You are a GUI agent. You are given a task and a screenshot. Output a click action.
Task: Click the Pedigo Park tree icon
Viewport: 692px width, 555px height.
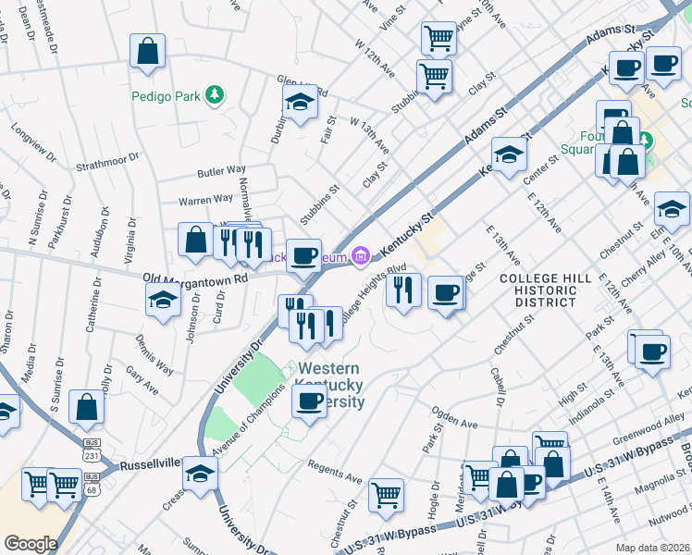(x=215, y=93)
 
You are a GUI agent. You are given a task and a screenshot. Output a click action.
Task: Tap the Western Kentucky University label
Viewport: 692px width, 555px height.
(x=330, y=385)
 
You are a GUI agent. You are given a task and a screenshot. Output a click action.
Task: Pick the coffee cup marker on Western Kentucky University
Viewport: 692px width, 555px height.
(x=309, y=401)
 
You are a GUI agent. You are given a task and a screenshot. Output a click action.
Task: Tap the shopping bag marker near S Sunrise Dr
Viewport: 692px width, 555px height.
(x=86, y=406)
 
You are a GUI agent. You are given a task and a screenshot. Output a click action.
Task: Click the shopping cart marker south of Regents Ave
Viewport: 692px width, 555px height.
(x=386, y=494)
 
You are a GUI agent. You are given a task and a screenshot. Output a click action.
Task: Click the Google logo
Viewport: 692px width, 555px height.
(x=31, y=544)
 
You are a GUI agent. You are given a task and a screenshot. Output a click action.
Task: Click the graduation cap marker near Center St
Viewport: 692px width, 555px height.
(x=508, y=154)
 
